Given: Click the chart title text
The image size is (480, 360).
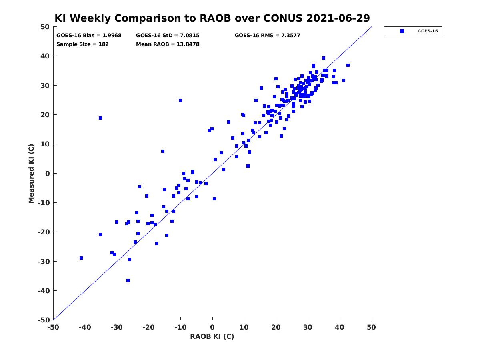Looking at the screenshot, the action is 212,18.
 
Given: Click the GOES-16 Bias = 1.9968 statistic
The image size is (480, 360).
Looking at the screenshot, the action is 89,36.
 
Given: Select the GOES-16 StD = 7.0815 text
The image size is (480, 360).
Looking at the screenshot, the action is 168,36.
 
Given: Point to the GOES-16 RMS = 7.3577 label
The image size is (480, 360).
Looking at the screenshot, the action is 267,36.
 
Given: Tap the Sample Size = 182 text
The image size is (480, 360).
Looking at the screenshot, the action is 82,44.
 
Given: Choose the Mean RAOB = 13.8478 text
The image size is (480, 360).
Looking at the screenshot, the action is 168,44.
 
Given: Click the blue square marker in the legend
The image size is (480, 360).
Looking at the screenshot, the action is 402,31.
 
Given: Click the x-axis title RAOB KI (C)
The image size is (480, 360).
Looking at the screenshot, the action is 212,336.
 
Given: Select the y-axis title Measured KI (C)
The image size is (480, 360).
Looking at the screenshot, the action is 31,173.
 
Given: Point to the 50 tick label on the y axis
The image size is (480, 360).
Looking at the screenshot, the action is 45,27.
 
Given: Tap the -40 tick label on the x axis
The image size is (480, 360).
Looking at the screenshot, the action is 85,327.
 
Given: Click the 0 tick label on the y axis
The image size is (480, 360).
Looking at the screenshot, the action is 48,174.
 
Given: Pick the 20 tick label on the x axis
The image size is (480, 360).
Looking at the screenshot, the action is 276,327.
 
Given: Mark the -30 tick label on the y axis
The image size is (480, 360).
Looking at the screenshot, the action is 44,262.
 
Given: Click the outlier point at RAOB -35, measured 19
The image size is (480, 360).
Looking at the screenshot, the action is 100,118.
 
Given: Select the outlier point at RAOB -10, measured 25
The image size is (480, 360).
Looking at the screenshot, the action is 180,100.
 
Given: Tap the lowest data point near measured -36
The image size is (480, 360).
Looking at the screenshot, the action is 128,280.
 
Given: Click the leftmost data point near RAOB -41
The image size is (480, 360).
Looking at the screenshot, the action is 81,258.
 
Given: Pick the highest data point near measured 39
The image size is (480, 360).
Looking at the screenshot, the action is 324,58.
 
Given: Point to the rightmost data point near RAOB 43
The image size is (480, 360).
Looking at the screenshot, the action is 348,65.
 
